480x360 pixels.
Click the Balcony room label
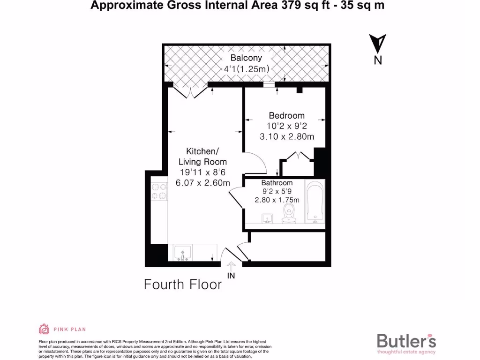click(x=246, y=58)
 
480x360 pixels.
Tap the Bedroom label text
click(x=286, y=115)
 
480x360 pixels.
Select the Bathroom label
click(x=277, y=183)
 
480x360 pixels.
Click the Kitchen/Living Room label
click(x=202, y=156)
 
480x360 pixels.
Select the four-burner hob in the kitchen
click(x=159, y=191)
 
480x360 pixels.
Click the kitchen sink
click(x=182, y=254)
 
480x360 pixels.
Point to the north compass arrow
click(x=378, y=45)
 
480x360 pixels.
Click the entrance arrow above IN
click(x=231, y=265)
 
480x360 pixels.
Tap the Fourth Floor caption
click(x=182, y=285)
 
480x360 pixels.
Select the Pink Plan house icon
click(x=44, y=330)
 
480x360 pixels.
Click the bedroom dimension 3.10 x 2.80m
click(x=286, y=136)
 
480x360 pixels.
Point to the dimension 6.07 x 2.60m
click(x=202, y=183)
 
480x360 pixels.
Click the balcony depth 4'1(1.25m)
click(x=246, y=69)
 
